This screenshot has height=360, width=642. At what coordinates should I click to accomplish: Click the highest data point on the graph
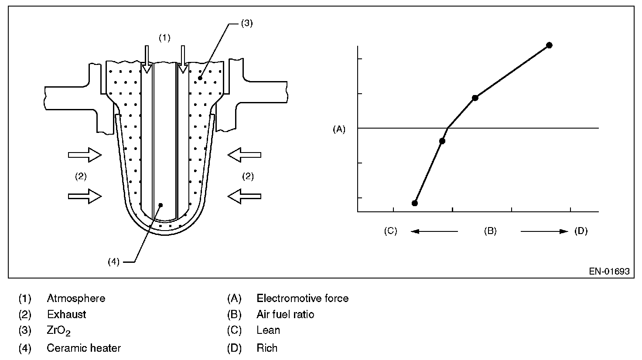(x=549, y=45)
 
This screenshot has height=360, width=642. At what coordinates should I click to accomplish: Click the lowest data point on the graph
(x=415, y=203)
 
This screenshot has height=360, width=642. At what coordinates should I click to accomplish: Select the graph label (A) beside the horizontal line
(x=339, y=129)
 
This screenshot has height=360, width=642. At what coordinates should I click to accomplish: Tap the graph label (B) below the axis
(x=490, y=231)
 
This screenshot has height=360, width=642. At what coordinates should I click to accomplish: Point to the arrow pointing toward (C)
(x=434, y=231)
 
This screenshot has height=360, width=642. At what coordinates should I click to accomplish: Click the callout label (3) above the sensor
(x=246, y=24)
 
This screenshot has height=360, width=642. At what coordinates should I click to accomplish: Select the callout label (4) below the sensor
(x=113, y=262)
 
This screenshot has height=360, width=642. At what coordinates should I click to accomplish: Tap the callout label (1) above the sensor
(x=164, y=38)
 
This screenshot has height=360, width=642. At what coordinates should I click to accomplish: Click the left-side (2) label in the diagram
(x=81, y=177)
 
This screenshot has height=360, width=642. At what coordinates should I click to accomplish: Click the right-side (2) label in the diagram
(x=248, y=177)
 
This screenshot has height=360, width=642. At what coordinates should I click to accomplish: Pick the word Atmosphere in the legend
(x=76, y=299)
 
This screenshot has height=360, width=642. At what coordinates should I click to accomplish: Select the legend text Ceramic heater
(x=84, y=348)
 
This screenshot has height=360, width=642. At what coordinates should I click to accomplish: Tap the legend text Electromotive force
(x=302, y=299)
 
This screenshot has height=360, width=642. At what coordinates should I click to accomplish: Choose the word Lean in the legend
(x=268, y=330)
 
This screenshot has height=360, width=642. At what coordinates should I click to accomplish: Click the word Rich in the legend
(x=267, y=348)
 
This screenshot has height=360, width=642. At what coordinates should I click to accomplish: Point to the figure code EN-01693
(x=609, y=271)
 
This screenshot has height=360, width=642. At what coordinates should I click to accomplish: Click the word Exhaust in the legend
(x=66, y=314)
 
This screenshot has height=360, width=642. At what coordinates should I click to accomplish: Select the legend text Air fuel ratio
(x=285, y=314)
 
